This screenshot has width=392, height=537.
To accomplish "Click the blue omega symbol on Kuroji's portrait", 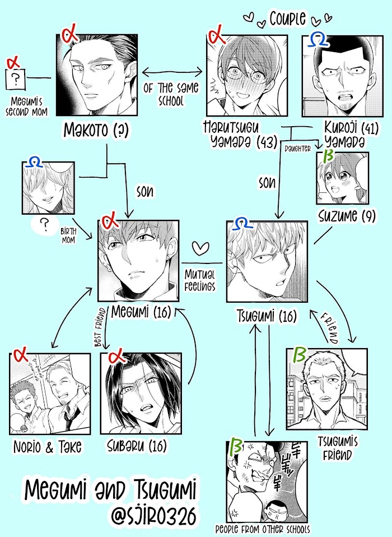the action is pyautogui.click(x=318, y=40).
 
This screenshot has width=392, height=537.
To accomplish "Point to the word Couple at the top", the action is pyautogui.click(x=287, y=18).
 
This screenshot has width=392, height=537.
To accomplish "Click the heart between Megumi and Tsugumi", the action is pyautogui.click(x=200, y=248).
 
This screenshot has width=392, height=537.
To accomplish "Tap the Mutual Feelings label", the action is pyautogui.click(x=200, y=280).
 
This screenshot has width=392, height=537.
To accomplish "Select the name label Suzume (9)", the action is pyautogui.click(x=347, y=216).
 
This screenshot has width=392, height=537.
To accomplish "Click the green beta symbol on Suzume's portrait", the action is pyautogui.click(x=328, y=156).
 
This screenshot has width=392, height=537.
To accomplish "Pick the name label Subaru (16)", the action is pyautogui.click(x=137, y=446).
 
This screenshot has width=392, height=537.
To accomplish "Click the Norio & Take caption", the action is pyautogui.click(x=48, y=447).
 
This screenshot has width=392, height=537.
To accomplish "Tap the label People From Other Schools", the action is pyautogui.click(x=263, y=529).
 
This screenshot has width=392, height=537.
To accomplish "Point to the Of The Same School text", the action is pyautogui.click(x=171, y=94).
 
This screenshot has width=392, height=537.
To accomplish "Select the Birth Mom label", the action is pyautogui.click(x=68, y=235).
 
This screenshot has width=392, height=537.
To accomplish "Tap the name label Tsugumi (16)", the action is pyautogui.click(x=267, y=317).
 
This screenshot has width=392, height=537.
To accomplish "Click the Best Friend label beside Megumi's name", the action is pyautogui.click(x=100, y=327).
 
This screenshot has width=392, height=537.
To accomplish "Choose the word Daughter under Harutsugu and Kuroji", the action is pyautogui.click(x=297, y=149).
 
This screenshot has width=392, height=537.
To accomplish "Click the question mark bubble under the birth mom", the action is pyautogui.click(x=44, y=225).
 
